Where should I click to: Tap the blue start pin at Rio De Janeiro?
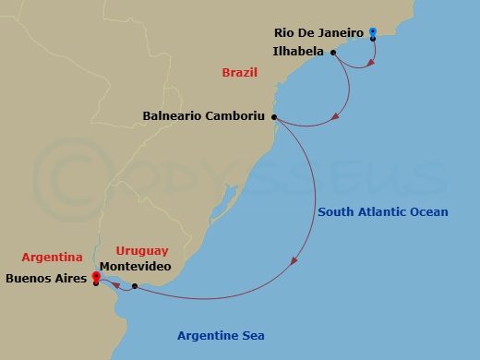click(x=372, y=33)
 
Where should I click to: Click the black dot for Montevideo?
click(x=135, y=285)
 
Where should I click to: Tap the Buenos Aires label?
click(x=45, y=277)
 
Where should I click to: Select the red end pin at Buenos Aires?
click(x=96, y=276)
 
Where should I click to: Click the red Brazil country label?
click(x=239, y=72)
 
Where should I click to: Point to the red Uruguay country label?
click(x=142, y=251)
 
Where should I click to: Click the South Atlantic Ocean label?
click(x=383, y=212)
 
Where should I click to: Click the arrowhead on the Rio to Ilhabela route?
click(x=371, y=62)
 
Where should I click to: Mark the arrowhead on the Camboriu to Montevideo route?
click(x=294, y=261)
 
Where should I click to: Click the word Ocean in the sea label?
click(x=428, y=212)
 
